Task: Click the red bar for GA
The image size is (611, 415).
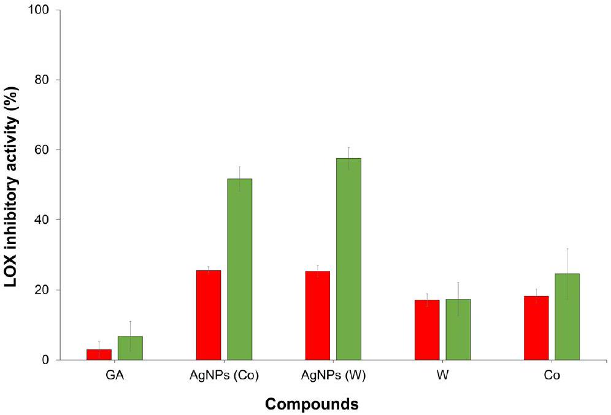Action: pos(99,355)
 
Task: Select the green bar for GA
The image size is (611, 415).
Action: pos(130,348)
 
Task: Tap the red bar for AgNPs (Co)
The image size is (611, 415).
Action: pos(208,315)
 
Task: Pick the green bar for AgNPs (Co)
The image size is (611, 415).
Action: pos(239,269)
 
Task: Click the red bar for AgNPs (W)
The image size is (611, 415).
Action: pos(317,315)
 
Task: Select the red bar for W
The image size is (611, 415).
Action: pos(427,330)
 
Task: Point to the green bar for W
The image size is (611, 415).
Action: pos(458,329)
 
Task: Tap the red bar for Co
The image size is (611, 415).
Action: pos(536,328)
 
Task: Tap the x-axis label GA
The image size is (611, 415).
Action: pos(115,375)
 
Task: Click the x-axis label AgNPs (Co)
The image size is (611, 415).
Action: pos(224,375)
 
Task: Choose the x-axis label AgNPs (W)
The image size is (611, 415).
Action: pos(333,375)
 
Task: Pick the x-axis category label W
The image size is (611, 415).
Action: pos(442,375)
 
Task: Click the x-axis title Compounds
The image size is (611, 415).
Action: pos(312,404)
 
